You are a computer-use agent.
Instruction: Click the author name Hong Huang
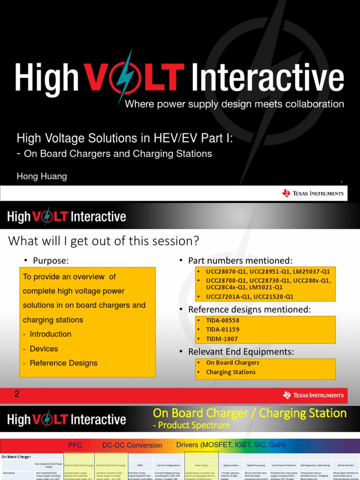[42, 176]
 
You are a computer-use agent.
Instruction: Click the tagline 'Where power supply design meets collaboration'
[234, 104]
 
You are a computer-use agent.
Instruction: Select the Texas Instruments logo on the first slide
[313, 193]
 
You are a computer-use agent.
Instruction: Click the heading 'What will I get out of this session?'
[104, 241]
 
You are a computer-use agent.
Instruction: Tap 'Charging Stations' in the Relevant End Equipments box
[231, 372]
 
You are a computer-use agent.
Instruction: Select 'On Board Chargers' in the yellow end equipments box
[232, 363]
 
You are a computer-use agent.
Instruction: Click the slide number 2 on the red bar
[17, 394]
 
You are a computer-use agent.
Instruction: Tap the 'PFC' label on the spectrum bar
[75, 445]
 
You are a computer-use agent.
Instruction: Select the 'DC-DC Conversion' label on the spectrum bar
[132, 445]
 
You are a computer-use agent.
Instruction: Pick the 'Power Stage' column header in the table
[202, 465]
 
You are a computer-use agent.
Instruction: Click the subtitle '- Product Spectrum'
[191, 425]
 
